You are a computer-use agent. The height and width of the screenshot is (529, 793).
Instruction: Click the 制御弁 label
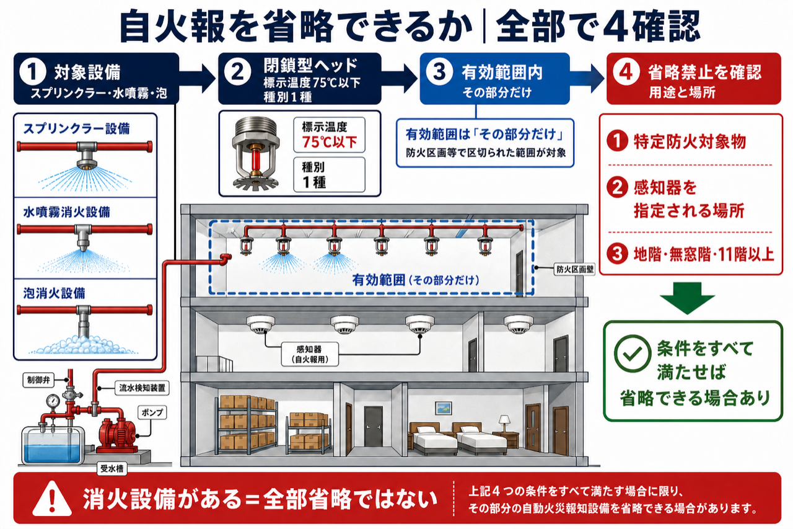[x=38, y=380]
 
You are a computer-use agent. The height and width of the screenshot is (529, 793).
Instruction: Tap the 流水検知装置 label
[x=142, y=388]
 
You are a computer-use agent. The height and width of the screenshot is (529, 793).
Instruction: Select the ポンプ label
[x=152, y=412]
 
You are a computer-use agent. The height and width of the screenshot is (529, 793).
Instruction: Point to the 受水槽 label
[x=112, y=469]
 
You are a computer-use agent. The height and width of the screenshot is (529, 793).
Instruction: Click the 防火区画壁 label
[x=574, y=269]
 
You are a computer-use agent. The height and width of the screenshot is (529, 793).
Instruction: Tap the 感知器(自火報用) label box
[x=310, y=354]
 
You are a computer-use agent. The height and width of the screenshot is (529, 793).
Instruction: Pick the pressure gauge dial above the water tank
[x=53, y=401]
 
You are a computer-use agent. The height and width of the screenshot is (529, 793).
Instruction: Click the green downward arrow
[x=687, y=298]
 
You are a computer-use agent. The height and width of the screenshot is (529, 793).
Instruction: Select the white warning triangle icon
[x=52, y=498]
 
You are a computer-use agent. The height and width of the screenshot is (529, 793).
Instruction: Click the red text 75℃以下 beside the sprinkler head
[x=329, y=142]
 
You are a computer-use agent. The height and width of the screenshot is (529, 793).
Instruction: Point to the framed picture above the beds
[x=443, y=408]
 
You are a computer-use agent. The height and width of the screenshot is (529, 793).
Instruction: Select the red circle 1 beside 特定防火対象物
[x=618, y=141]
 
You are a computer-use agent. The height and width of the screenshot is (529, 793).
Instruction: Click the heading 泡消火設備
[x=54, y=293]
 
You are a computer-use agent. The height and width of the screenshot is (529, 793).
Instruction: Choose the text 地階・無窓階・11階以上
[x=703, y=254]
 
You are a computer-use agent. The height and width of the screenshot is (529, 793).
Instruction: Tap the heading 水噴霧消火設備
[x=66, y=212]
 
